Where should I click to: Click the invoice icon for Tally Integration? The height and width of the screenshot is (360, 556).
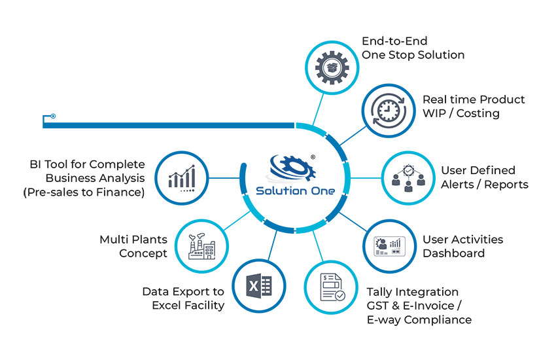(x=331, y=288)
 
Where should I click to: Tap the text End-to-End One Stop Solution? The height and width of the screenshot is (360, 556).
(x=413, y=48)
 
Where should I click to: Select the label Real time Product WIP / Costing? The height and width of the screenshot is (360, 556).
(x=473, y=106)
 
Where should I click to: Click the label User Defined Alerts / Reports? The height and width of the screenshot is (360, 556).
(x=484, y=177)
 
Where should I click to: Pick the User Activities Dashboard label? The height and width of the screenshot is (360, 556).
(x=462, y=245)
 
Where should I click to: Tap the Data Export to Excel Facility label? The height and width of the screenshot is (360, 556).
(x=183, y=298)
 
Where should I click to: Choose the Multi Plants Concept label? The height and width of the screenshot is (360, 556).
(x=133, y=246)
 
